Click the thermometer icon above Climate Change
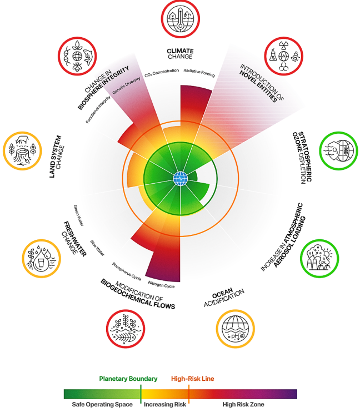click(180, 19)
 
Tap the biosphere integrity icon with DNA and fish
click(77, 56)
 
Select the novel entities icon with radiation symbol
click(283, 56)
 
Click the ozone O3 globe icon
click(339, 151)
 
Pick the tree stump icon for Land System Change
click(22, 151)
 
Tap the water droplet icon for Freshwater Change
click(41, 258)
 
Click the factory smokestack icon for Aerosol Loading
click(319, 258)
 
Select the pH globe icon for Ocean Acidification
click(236, 329)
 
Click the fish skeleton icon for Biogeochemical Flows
click(126, 329)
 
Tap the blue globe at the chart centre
click(181, 179)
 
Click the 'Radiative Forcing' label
click(199, 73)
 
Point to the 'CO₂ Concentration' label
click(162, 73)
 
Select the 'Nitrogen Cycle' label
click(161, 284)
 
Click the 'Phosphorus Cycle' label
click(127, 271)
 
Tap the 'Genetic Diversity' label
click(126, 85)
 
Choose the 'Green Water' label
click(78, 215)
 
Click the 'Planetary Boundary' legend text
click(128, 379)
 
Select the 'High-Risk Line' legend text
click(193, 379)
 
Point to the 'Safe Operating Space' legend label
click(102, 404)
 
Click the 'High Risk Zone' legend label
click(243, 404)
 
